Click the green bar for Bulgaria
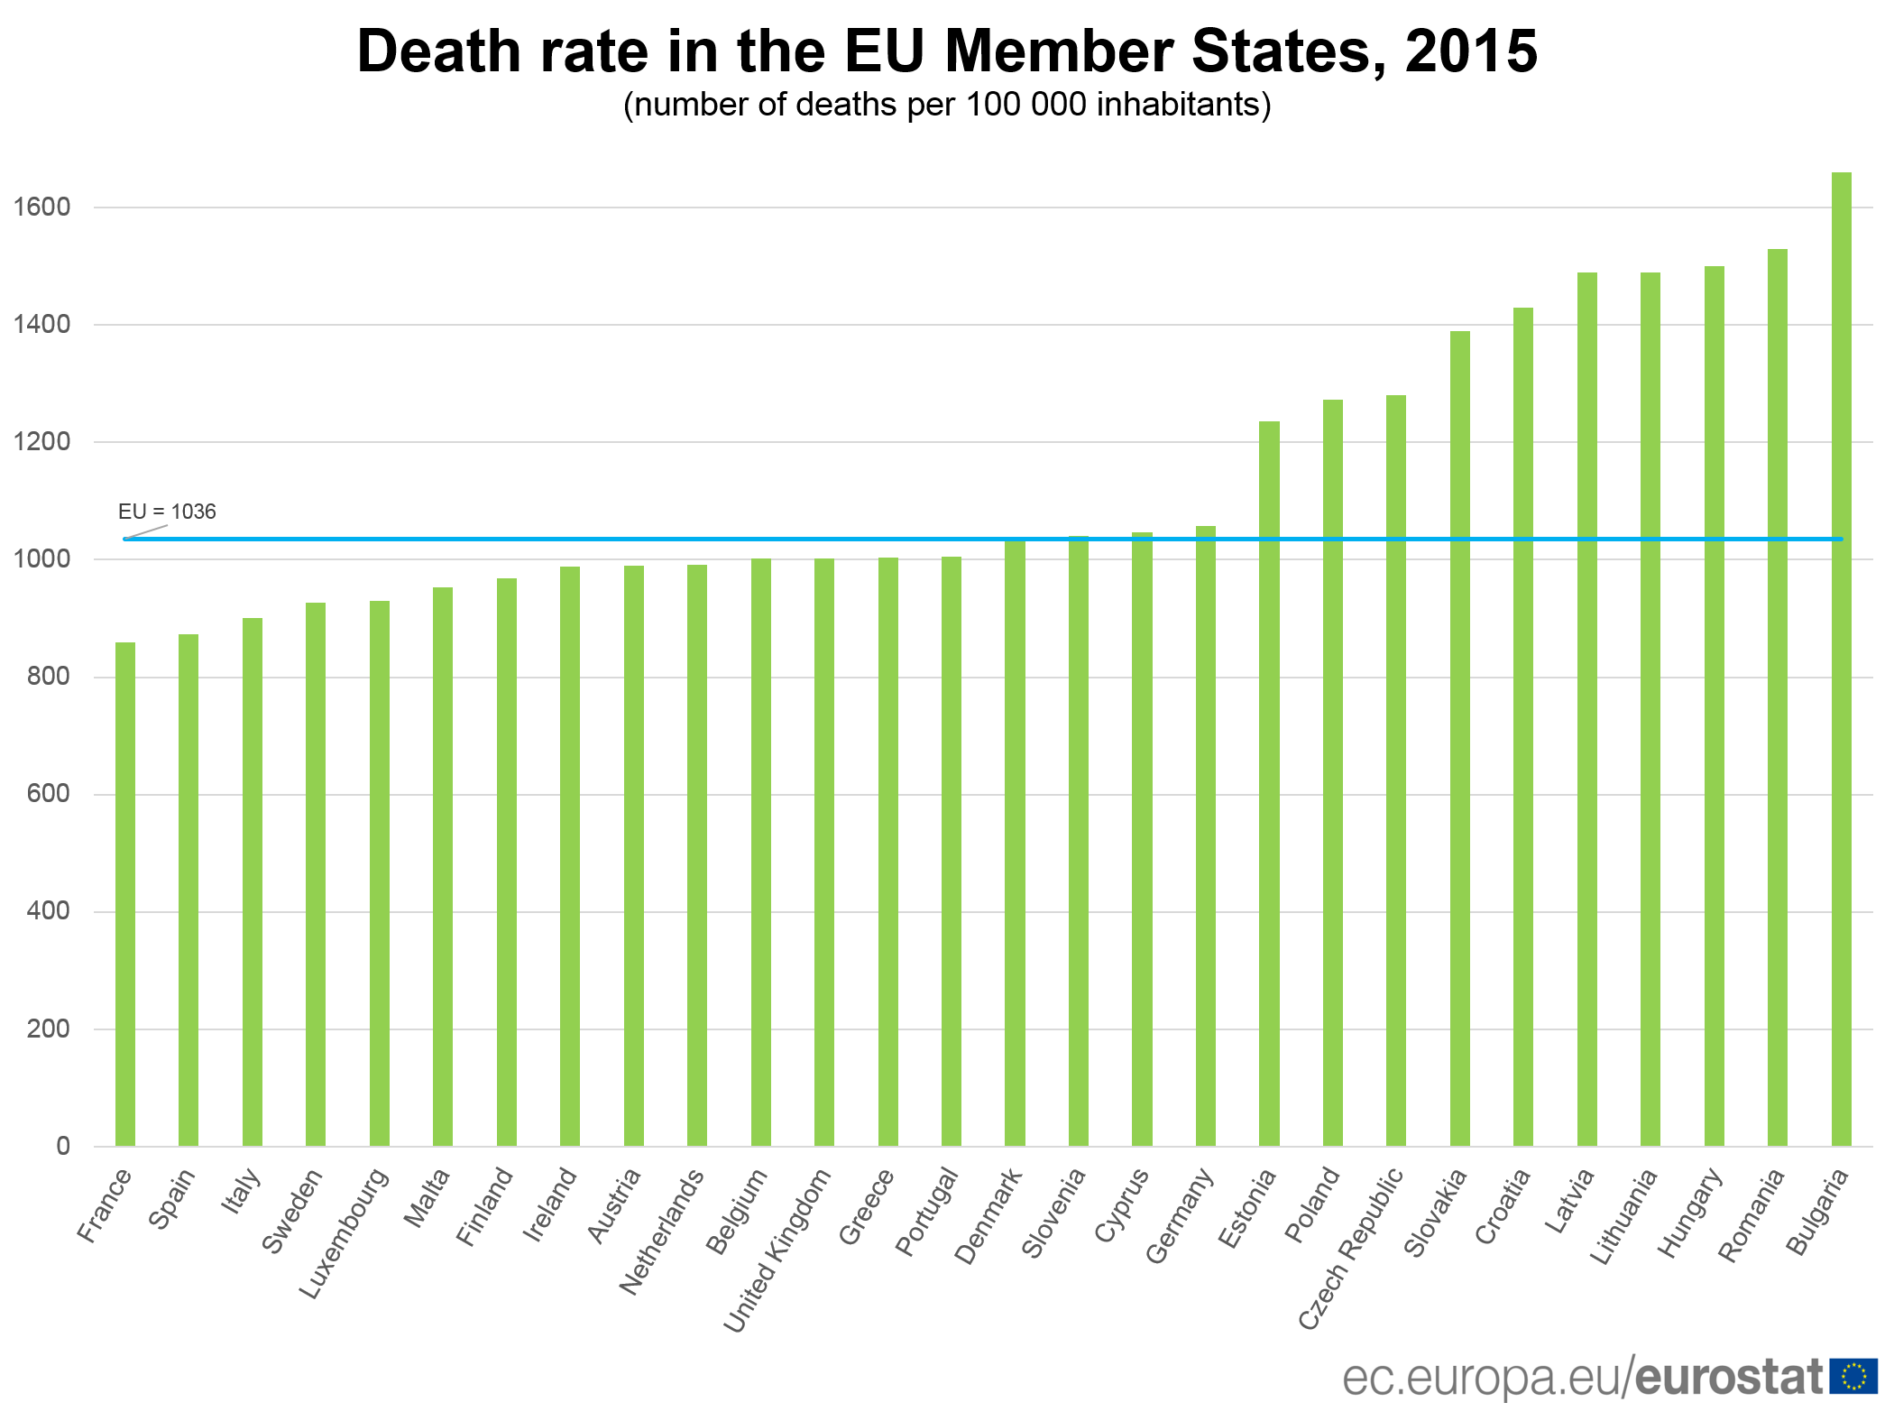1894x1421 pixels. pos(1841,659)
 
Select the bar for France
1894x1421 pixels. pos(125,893)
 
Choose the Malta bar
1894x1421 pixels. pos(443,866)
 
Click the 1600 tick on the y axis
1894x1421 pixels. pos(41,208)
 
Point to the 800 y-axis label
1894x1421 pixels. pos(48,677)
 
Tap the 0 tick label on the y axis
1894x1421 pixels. pos(62,1146)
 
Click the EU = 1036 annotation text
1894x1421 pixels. pos(167,512)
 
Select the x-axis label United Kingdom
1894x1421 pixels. pos(778,1250)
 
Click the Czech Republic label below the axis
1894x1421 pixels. pos(1351,1248)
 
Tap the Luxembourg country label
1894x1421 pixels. pos(345,1232)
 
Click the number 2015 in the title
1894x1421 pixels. pos(1470,51)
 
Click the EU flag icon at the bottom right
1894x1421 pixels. pos(1853,1376)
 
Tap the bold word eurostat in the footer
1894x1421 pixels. pos(1730,1377)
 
